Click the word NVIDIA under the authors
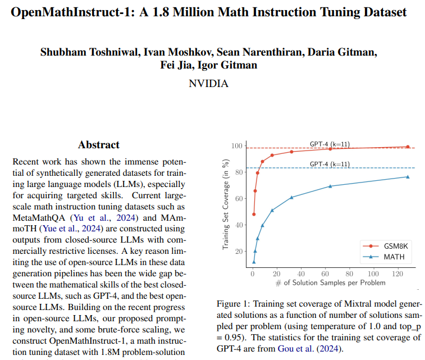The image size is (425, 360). [208, 84]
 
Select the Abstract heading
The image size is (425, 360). [99, 145]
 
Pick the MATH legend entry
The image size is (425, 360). [383, 257]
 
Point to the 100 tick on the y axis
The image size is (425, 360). [236, 146]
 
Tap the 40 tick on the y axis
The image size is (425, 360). [239, 225]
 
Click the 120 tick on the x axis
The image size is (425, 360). [397, 274]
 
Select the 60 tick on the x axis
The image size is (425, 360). [325, 274]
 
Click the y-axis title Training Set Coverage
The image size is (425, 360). [226, 204]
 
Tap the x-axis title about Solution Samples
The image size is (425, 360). [331, 282]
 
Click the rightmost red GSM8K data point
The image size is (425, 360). [408, 147]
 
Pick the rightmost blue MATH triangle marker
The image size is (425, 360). [408, 177]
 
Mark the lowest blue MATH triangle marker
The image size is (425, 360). [254, 262]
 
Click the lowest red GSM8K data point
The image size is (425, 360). [254, 214]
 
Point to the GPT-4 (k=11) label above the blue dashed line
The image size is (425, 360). [330, 165]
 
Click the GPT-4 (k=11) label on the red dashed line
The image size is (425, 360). [330, 144]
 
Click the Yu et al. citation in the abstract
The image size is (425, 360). [92, 218]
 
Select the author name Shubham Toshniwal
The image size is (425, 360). [90, 52]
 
